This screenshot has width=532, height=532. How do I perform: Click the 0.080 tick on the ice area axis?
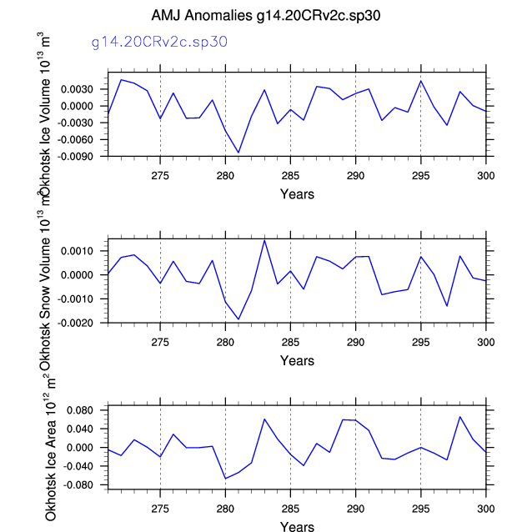click(88, 410)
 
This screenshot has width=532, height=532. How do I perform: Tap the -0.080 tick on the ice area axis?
click(87, 484)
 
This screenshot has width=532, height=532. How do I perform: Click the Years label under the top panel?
click(297, 194)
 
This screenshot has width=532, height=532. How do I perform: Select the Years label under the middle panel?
click(297, 361)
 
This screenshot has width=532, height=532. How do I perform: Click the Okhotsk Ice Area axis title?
click(52, 449)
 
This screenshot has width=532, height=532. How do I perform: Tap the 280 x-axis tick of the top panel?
click(225, 176)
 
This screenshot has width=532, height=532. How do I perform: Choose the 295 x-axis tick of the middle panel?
click(420, 342)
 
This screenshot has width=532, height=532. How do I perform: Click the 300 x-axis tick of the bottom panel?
click(485, 508)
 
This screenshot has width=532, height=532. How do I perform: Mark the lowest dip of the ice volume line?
click(238, 153)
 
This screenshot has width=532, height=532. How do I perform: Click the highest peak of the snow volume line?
click(264, 240)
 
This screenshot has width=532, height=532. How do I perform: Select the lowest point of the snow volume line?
click(238, 319)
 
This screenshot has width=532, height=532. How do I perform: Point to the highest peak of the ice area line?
click(459, 417)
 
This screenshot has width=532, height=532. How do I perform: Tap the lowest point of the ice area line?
click(225, 479)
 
